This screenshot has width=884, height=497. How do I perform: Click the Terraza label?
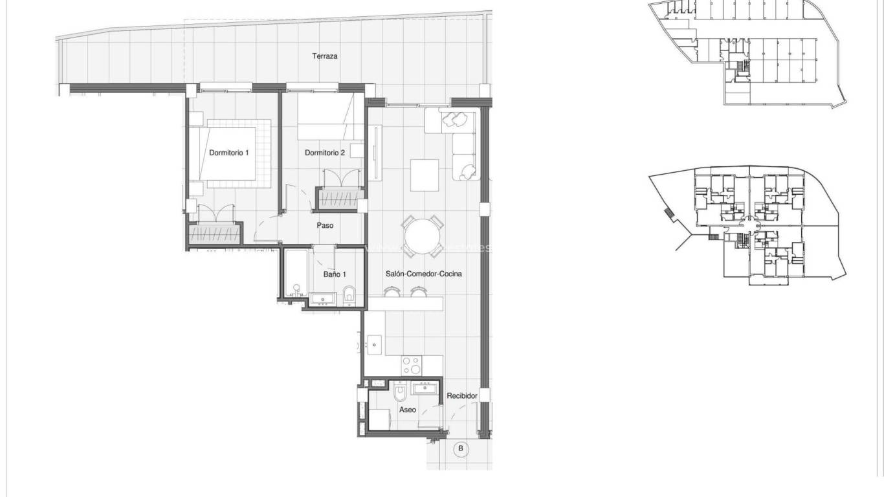tap(324, 56)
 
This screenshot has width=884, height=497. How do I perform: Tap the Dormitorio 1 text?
tap(228, 153)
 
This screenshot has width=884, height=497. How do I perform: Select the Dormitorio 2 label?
tap(324, 153)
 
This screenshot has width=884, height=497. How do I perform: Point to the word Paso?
tap(325, 226)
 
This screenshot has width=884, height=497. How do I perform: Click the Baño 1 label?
tap(334, 274)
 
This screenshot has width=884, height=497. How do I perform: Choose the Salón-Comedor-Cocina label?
tap(423, 274)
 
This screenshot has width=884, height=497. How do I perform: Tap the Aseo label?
tap(407, 410)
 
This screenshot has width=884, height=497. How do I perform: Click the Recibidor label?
tap(462, 395)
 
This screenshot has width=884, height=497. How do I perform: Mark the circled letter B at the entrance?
tap(461, 448)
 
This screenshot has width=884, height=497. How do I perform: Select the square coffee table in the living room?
tap(424, 175)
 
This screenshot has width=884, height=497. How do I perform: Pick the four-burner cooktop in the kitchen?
tap(412, 366)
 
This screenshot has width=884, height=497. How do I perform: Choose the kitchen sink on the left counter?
tap(374, 346)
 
